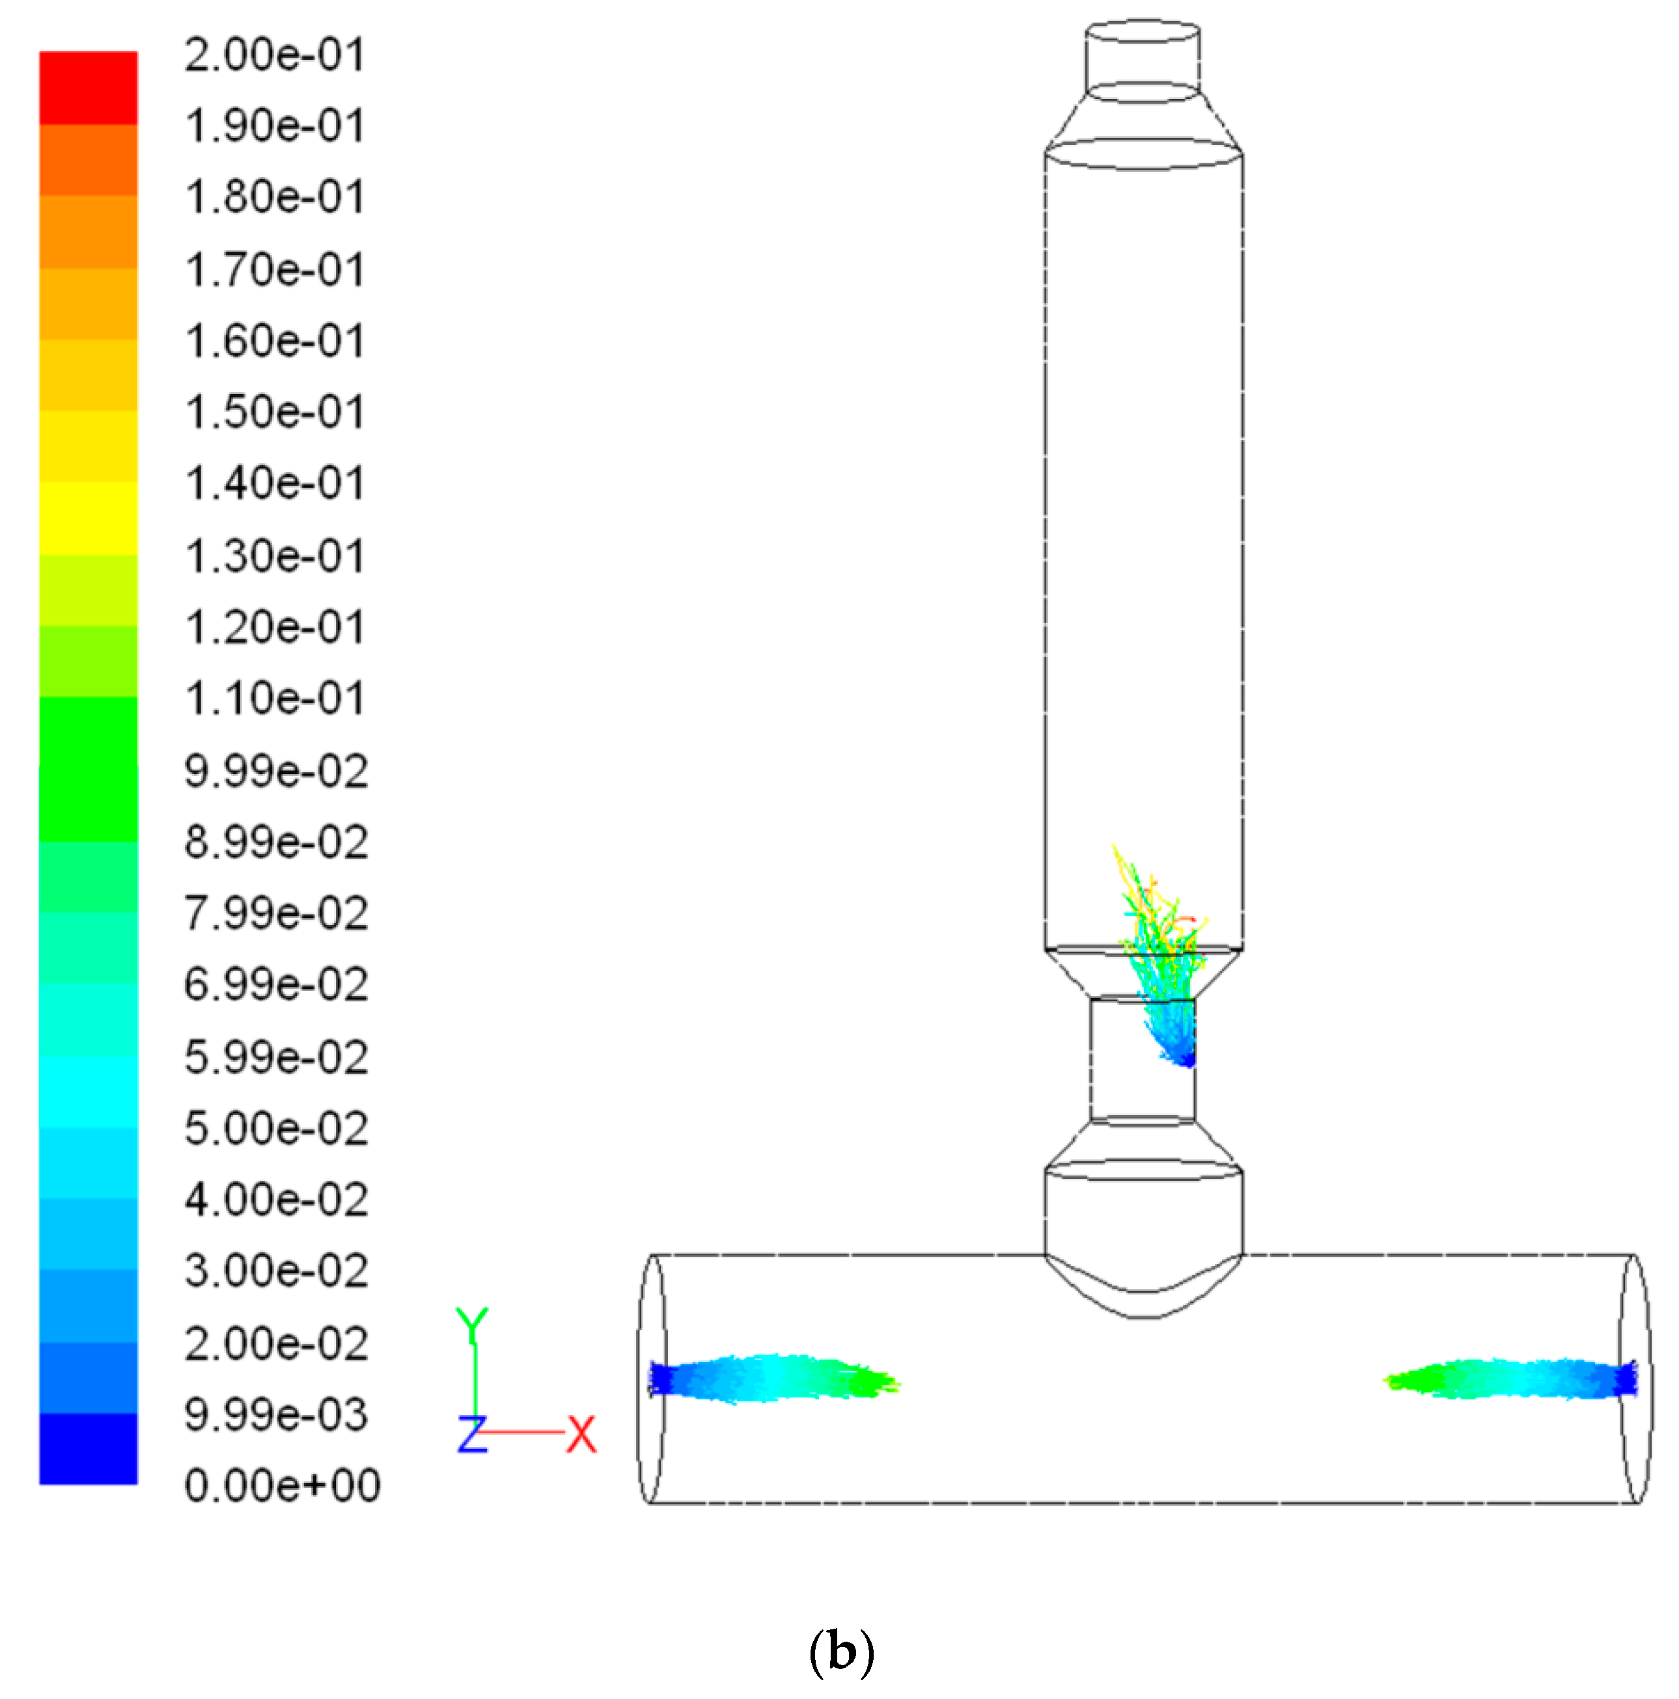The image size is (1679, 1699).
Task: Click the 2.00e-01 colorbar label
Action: pyautogui.click(x=275, y=55)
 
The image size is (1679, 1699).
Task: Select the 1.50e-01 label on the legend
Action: pyautogui.click(x=275, y=413)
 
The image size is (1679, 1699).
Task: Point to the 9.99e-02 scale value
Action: pyautogui.click(x=275, y=771)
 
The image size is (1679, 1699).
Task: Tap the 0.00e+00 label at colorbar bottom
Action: pyautogui.click(x=281, y=1485)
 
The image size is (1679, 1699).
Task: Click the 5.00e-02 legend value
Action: pyautogui.click(x=275, y=1128)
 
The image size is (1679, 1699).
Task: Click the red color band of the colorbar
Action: pyautogui.click(x=88, y=88)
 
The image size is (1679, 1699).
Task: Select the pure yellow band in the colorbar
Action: pyautogui.click(x=88, y=519)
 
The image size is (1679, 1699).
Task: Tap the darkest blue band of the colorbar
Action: pyautogui.click(x=88, y=1448)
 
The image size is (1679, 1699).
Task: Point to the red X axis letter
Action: pyautogui.click(x=581, y=1434)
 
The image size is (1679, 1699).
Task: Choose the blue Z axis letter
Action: pyautogui.click(x=472, y=1434)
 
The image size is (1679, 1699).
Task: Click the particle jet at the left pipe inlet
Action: pyautogui.click(x=765, y=1378)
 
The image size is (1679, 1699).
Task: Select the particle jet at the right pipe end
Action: pyautogui.click(x=1513, y=1378)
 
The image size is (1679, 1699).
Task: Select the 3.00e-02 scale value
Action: pyautogui.click(x=275, y=1271)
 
